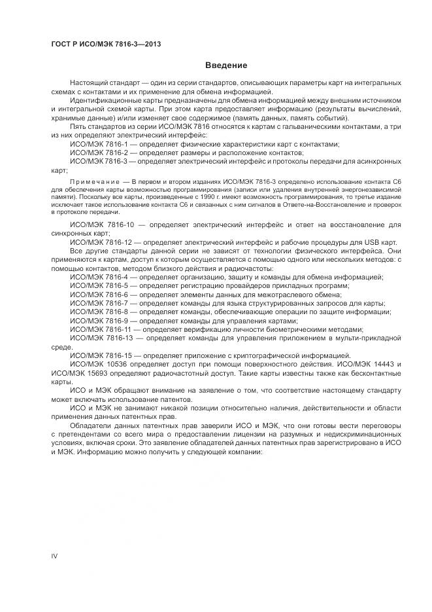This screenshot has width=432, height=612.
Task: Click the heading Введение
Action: coord(226,65)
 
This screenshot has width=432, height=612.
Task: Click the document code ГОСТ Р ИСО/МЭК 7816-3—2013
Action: coord(106,44)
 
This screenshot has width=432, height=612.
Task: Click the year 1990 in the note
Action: coord(216,196)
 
